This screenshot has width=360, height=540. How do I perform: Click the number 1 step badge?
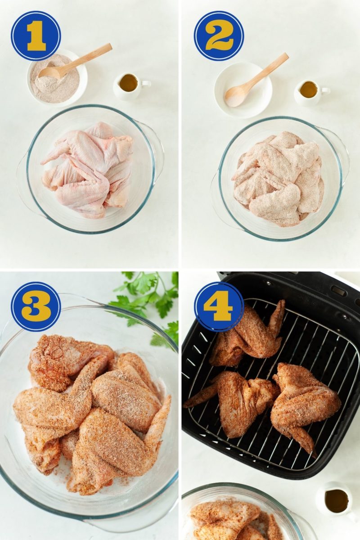[36, 36]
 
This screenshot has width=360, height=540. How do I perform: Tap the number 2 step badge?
[219, 36]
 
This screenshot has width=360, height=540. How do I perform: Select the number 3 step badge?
[36, 306]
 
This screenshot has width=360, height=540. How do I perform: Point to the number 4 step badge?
[219, 306]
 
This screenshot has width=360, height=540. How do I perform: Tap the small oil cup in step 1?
[128, 85]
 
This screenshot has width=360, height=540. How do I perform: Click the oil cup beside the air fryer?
[337, 500]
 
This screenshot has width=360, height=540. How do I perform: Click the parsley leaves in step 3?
[148, 297]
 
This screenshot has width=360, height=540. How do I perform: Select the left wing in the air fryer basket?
[234, 398]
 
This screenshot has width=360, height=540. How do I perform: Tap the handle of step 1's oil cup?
[146, 83]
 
